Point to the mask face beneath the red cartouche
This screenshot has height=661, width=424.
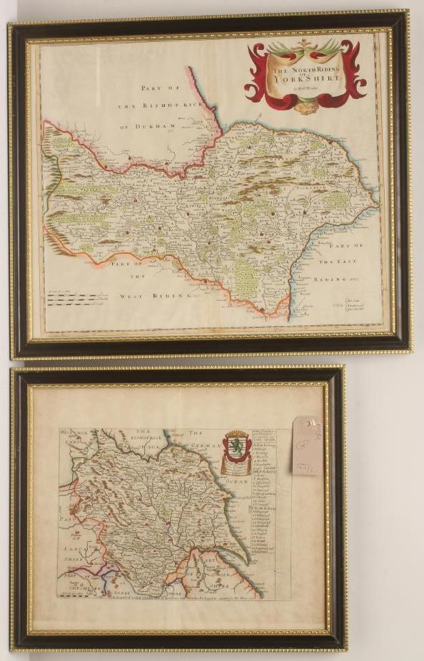point(306,106)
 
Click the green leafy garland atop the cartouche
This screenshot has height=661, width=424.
point(305,48)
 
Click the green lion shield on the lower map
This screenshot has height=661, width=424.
point(236,448)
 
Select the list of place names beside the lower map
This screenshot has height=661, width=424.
point(269,499)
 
